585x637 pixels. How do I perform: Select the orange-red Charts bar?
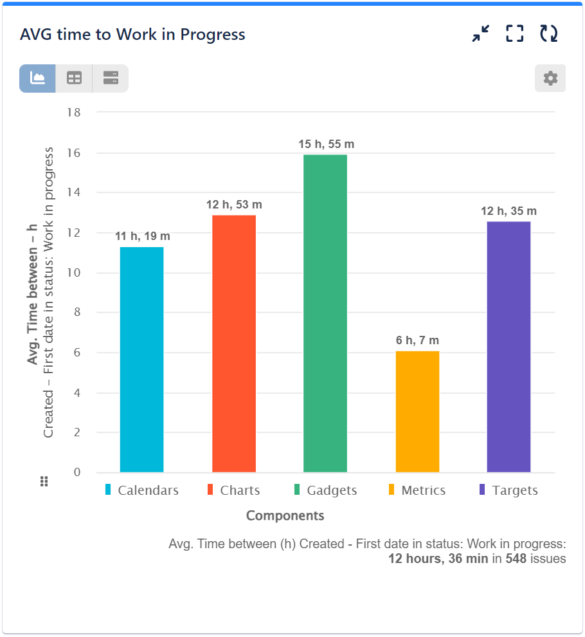[234, 344]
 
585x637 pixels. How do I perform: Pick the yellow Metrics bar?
[417, 411]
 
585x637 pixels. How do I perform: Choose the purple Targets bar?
[509, 347]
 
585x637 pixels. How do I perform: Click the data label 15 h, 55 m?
[326, 144]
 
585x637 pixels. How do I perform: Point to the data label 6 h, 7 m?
[417, 340]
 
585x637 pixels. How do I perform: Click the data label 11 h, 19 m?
[143, 236]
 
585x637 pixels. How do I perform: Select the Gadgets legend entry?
[325, 490]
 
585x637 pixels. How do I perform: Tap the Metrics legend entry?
[417, 490]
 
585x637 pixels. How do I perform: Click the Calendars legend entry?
[141, 490]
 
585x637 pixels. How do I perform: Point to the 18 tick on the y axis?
[74, 113]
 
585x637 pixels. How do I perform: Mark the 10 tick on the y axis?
[74, 273]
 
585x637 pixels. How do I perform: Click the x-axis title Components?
[285, 515]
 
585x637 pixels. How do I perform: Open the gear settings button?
[550, 78]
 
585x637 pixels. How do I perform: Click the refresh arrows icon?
[548, 33]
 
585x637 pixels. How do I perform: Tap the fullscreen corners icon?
[514, 33]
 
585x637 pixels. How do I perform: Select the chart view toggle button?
[37, 78]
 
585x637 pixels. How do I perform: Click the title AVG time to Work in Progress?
[132, 34]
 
